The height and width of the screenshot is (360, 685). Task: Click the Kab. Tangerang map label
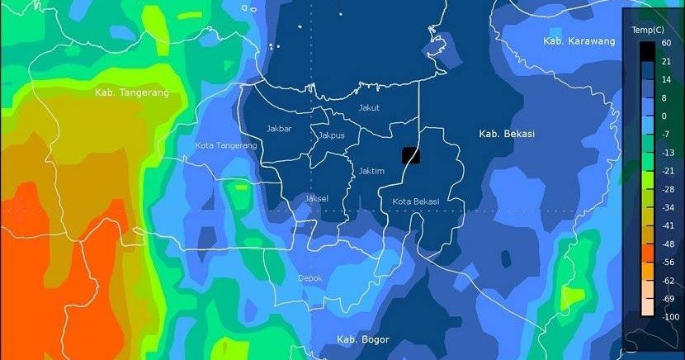131,92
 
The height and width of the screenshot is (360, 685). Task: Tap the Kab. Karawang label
579,41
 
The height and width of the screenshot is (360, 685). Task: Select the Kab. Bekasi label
507,133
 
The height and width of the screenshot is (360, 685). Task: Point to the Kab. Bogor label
362,339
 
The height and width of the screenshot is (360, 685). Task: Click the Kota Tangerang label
225,145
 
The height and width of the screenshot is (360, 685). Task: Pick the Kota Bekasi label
415,201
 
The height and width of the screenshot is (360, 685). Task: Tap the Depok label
309,277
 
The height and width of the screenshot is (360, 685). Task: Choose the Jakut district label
368,107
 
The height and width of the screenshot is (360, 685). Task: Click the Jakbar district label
279,128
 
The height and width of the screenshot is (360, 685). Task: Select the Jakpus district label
331,135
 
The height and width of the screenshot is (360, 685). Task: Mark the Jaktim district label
372,171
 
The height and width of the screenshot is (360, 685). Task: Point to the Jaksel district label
316,198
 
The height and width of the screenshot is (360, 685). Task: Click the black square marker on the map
411,155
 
